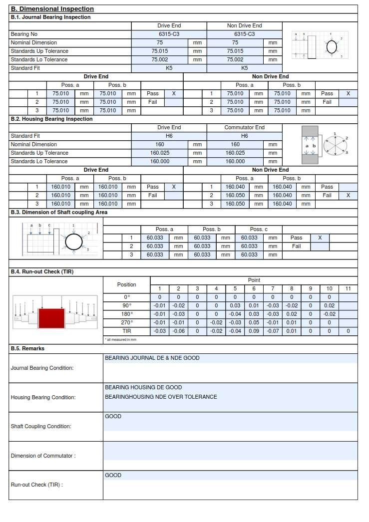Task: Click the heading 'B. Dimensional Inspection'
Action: pos(52,9)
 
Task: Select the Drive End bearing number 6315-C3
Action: pos(169,34)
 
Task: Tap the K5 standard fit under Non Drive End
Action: pos(244,68)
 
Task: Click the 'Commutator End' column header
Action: pos(244,127)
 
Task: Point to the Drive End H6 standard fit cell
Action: pos(169,136)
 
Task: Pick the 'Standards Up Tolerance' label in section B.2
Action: pos(39,153)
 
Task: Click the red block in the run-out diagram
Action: pos(51,318)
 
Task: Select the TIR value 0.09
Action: pos(254,331)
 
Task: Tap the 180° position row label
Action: pos(126,314)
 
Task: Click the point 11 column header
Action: pos(348,288)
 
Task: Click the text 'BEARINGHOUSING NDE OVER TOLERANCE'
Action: pos(161,397)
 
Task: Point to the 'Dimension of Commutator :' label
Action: pos(43,456)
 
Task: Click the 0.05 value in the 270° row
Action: pos(254,322)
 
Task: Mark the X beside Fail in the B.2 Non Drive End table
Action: pos(348,195)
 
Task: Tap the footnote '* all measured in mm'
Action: pos(120,339)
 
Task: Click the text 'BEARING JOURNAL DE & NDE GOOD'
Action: pos(152,358)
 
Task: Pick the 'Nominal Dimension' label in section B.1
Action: pos(34,42)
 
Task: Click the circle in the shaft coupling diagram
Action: pos(73,243)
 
